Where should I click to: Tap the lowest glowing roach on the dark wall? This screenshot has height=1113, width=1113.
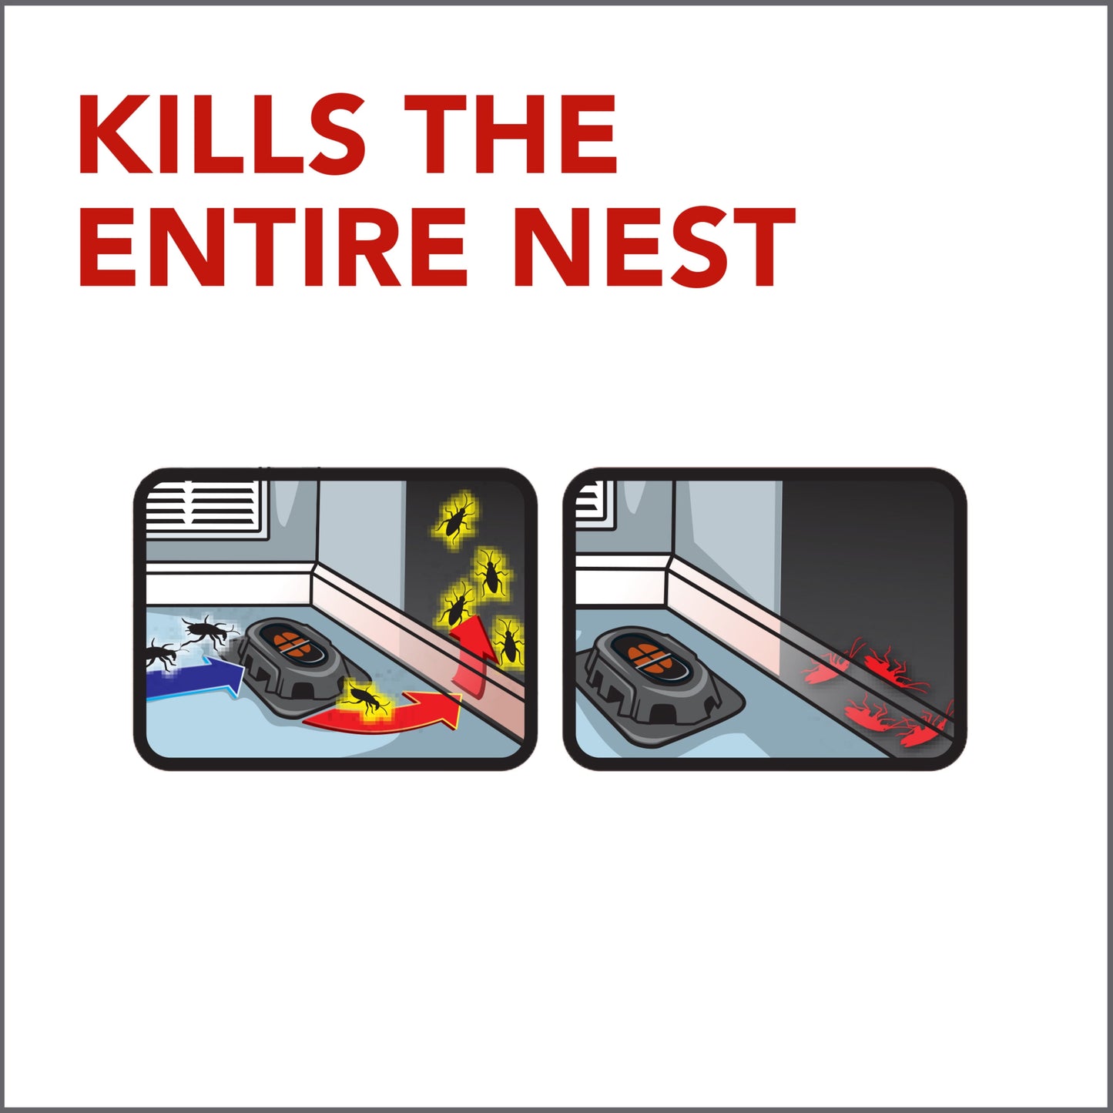pos(508,640)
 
